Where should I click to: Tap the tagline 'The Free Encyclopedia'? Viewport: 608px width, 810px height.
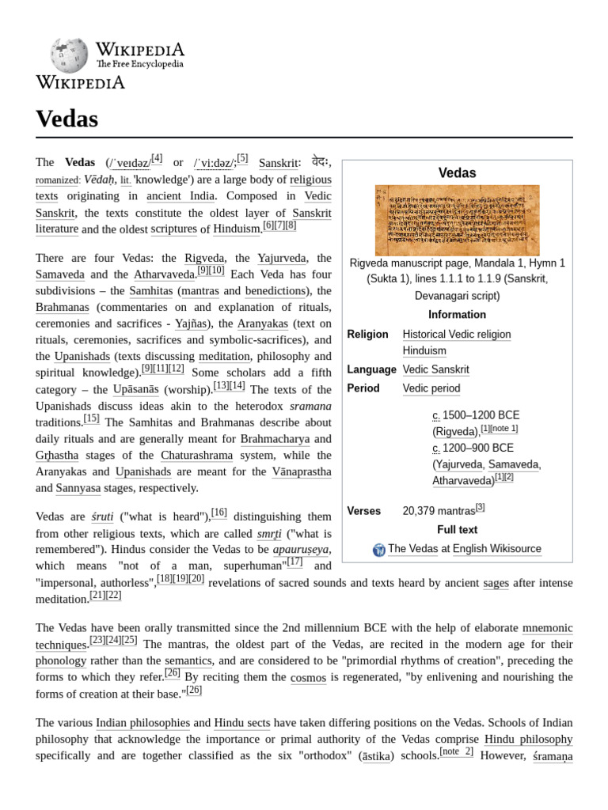[x=139, y=64]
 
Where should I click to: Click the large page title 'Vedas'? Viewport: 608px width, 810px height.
[x=67, y=119]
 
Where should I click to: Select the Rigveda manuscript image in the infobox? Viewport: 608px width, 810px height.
[x=457, y=220]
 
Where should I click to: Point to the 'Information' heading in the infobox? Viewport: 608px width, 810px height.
[x=457, y=314]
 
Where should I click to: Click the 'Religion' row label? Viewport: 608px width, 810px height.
[x=367, y=335]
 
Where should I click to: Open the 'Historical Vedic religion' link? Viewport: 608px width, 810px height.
[x=456, y=335]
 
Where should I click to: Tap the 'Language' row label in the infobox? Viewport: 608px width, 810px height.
[x=371, y=369]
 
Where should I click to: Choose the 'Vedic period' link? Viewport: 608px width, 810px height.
[x=431, y=388]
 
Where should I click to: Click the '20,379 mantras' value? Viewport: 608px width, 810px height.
[x=438, y=512]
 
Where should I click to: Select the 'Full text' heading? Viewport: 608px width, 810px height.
[x=457, y=530]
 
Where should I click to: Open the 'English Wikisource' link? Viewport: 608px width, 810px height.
[x=496, y=549]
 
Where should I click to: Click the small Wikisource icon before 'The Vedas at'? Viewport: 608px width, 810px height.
[x=378, y=549]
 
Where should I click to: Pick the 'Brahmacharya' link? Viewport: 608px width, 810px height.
[x=275, y=438]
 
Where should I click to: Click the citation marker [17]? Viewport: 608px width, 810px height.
[x=294, y=562]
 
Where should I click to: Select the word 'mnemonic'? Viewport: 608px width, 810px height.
[x=547, y=628]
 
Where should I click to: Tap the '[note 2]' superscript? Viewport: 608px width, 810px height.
[x=456, y=751]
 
